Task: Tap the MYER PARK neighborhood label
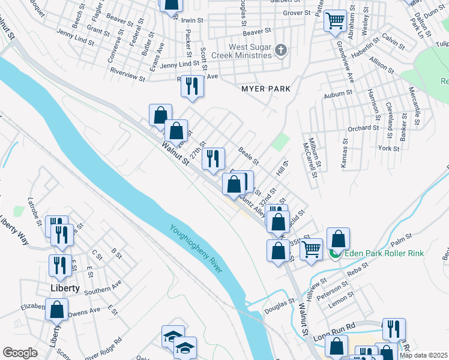tap(265, 89)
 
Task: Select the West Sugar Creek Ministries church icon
tap(280, 51)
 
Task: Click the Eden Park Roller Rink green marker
tap(334, 254)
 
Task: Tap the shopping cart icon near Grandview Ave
tap(335, 22)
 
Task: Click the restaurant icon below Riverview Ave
tap(193, 86)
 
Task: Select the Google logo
tap(20, 353)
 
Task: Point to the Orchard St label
tap(363, 128)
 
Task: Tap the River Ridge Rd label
tap(103, 348)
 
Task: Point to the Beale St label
tap(248, 157)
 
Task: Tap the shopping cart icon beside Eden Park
tap(311, 248)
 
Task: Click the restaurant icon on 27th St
tap(213, 158)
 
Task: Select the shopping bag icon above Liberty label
tap(57, 310)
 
